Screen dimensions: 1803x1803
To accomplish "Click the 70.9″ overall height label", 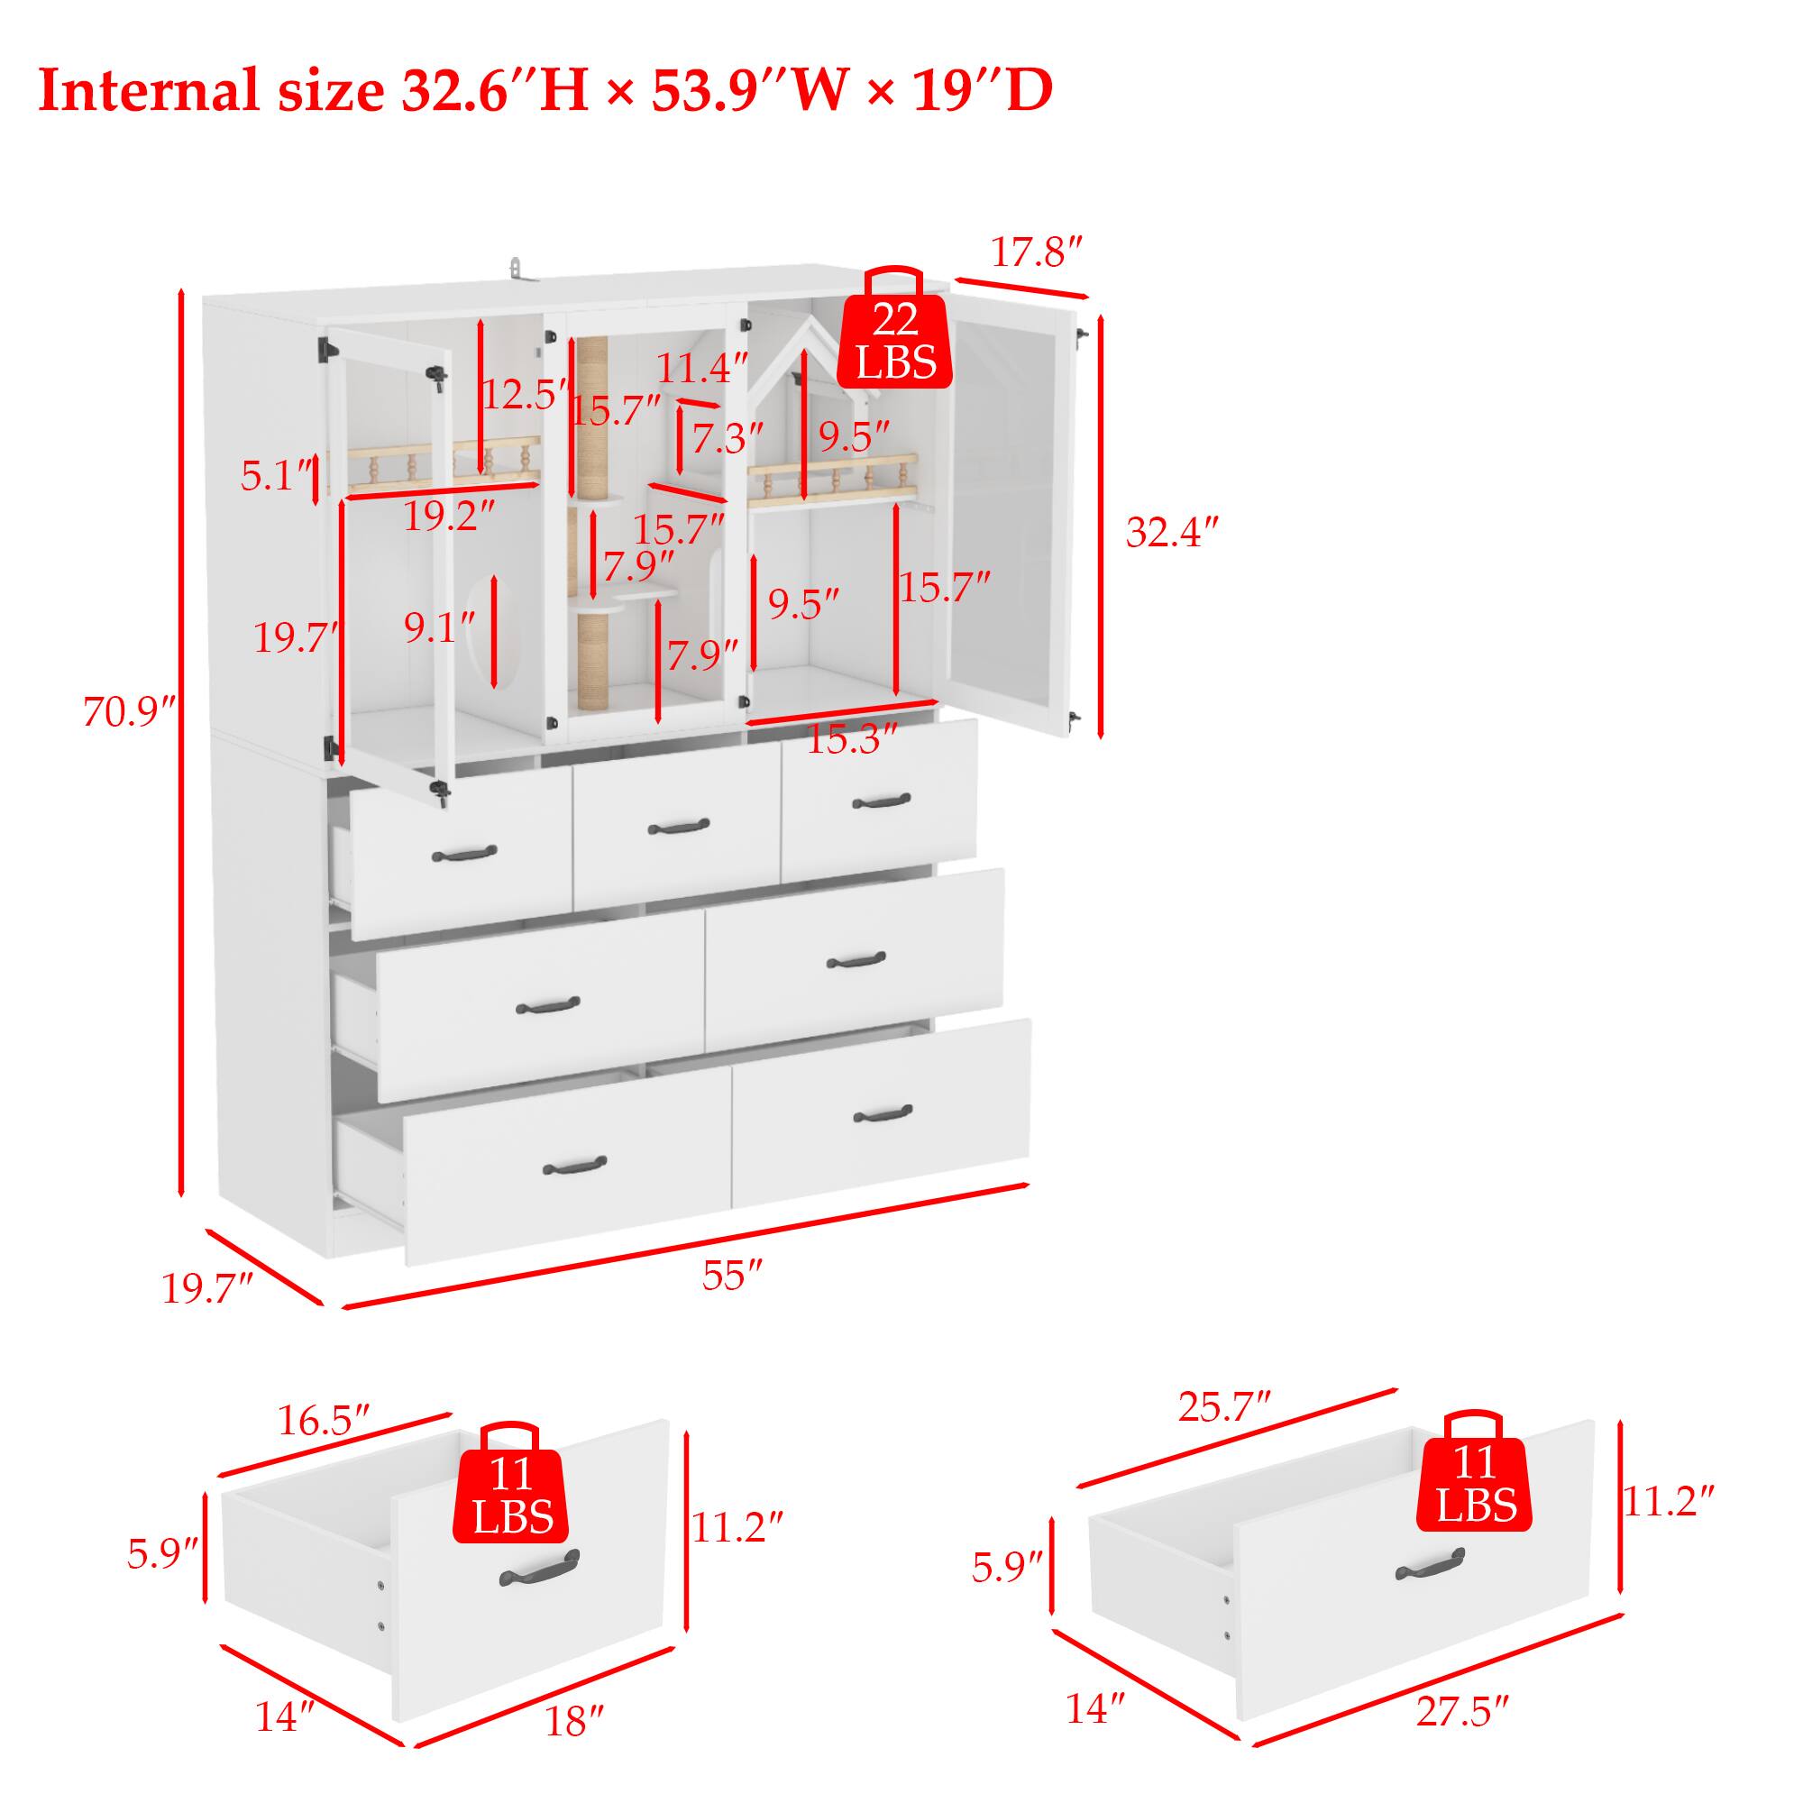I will (x=129, y=712).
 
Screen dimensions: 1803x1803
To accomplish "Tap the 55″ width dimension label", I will (x=733, y=1275).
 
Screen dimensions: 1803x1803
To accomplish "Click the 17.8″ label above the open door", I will (x=1035, y=252).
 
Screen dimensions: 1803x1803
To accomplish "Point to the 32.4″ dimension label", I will (x=1172, y=533).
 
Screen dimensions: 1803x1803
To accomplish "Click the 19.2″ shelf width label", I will (x=448, y=516).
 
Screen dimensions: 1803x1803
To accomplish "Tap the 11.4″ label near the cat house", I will (x=701, y=369).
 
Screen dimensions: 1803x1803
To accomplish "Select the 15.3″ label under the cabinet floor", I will (x=851, y=740).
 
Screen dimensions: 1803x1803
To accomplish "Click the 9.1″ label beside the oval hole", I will (x=440, y=628).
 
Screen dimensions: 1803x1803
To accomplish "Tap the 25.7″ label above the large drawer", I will (x=1224, y=1406).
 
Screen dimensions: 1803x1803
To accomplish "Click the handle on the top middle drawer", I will (x=679, y=827).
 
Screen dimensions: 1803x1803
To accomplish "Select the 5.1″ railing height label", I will (x=275, y=477).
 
